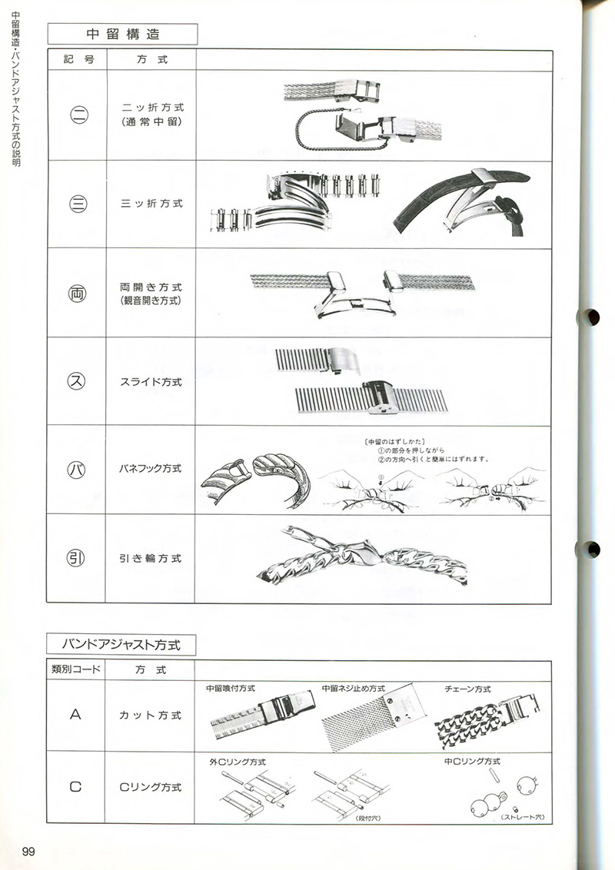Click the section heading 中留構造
pyautogui.click(x=123, y=34)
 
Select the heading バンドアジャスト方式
pyautogui.click(x=122, y=643)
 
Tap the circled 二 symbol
pyautogui.click(x=79, y=117)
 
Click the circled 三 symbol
pyautogui.click(x=79, y=204)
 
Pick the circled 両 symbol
pyautogui.click(x=79, y=294)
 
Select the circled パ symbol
pyautogui.click(x=79, y=469)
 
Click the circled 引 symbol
pyautogui.click(x=79, y=558)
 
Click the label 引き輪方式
pyautogui.click(x=151, y=559)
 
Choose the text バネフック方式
pyautogui.click(x=151, y=469)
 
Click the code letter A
pyautogui.click(x=75, y=715)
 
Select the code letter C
pyautogui.click(x=75, y=786)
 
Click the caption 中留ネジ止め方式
pyautogui.click(x=353, y=689)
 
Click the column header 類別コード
pyautogui.click(x=75, y=670)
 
